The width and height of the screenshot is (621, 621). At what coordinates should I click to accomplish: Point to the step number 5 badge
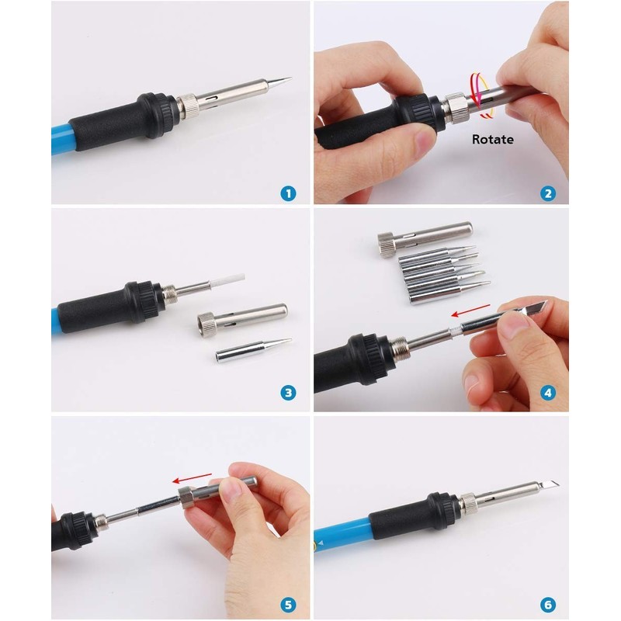click(288, 602)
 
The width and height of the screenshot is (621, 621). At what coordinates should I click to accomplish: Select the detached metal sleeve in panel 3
click(245, 317)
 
